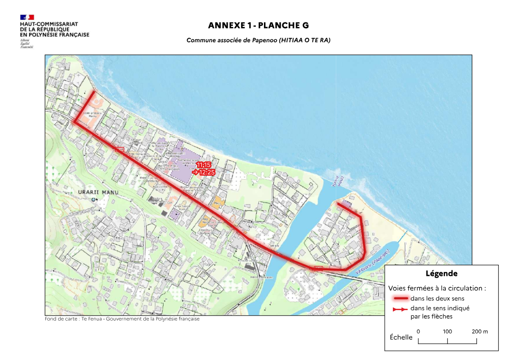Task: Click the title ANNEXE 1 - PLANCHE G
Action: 258,25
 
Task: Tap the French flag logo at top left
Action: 27,17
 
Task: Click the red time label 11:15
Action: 203,165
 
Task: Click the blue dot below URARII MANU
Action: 94,200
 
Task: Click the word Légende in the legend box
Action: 441,273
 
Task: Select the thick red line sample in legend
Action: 399,298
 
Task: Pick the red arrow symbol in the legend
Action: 399,309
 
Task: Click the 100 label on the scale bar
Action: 447,331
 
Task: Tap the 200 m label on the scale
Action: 479,331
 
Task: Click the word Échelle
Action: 401,337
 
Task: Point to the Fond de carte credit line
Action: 122,319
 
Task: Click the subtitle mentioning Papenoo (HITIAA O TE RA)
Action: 258,40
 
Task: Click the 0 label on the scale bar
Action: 418,331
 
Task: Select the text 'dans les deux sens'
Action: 437,298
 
